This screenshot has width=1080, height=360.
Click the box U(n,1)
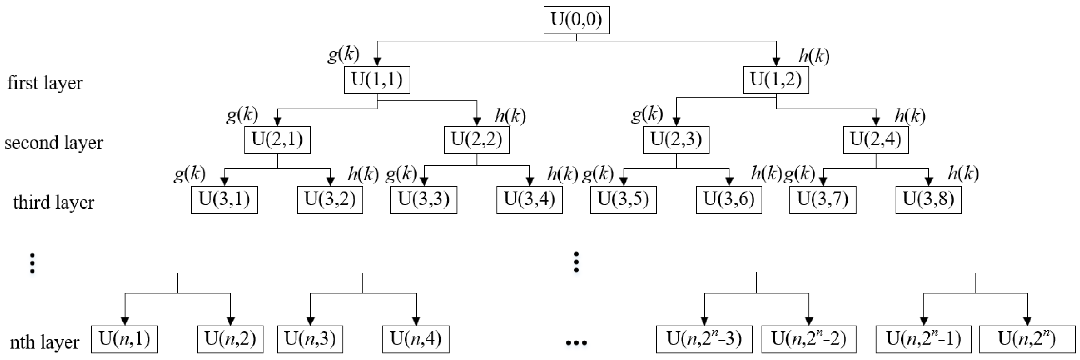click(124, 339)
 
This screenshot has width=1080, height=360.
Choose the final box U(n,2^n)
click(1027, 339)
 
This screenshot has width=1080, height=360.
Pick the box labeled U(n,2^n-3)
click(704, 339)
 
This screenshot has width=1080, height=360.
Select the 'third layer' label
click(54, 202)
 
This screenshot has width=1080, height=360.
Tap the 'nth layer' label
click(45, 342)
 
